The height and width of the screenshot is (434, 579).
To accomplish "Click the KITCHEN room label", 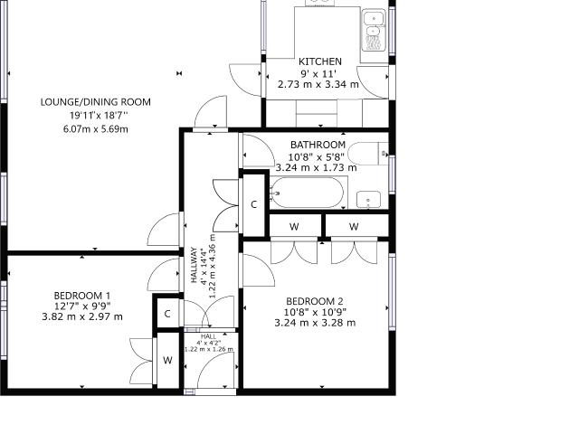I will point(320,61).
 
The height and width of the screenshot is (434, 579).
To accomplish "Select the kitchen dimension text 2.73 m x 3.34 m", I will point(318,84).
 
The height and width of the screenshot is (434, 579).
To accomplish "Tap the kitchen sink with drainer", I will point(374,32).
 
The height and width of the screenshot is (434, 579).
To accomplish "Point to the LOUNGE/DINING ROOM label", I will point(96,102).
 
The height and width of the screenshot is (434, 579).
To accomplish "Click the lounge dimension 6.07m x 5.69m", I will point(96,128).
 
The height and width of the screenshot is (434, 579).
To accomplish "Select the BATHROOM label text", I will point(318,145).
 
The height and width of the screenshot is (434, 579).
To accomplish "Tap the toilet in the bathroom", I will point(369,154).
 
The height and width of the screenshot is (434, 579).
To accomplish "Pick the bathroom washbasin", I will point(367,200).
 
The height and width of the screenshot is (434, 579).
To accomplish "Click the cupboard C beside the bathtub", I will point(254,204).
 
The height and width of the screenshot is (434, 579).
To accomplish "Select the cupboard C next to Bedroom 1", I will point(167,314).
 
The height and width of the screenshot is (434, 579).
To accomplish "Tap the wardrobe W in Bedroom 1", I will point(167,361).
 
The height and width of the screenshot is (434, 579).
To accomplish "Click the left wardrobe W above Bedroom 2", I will point(295,226).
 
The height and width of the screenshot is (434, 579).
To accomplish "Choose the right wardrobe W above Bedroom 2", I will point(354,226).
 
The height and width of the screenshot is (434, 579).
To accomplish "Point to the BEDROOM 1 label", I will point(82,296).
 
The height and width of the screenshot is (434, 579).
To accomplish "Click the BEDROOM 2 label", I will point(315,301).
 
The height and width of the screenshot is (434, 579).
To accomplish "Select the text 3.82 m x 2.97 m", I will point(82,316).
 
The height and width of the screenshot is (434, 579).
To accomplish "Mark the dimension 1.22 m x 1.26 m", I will point(209,349).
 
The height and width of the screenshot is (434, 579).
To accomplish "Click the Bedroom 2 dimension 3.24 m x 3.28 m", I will point(315,322).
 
